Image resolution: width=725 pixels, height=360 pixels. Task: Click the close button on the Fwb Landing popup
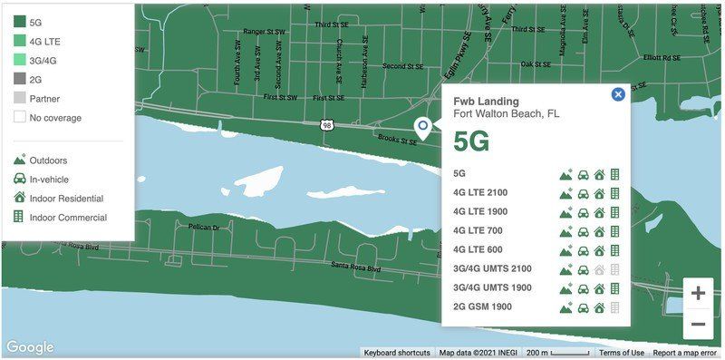618,93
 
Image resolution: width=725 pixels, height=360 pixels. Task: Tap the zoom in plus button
698,293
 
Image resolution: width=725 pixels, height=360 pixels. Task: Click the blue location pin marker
421,128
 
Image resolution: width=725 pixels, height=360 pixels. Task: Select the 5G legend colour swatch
20,22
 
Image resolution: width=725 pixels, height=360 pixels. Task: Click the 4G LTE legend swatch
20,41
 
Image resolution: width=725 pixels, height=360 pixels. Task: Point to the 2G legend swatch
20,79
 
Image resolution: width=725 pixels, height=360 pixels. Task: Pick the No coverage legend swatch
20,117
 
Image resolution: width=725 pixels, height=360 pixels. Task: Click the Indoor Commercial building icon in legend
19,217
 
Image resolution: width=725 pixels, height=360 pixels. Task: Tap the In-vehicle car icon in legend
19,179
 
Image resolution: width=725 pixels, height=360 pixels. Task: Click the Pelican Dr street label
204,228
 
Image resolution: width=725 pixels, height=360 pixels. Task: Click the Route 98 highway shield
325,125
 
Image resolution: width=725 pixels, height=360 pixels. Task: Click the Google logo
29,347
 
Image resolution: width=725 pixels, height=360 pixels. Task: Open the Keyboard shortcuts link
397,353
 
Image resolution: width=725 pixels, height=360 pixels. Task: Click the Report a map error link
684,353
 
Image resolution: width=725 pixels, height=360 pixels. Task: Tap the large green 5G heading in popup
471,141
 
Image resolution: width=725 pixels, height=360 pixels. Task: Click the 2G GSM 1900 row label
482,306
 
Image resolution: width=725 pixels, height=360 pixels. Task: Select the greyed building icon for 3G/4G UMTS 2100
614,269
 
